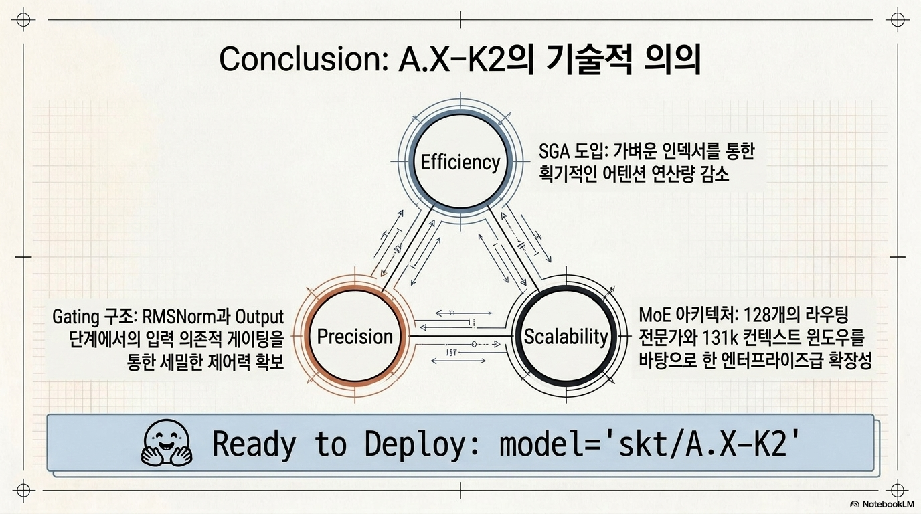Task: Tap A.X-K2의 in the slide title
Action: click(x=466, y=60)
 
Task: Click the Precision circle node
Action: click(x=355, y=337)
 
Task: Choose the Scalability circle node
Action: click(x=566, y=337)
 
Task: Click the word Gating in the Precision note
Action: click(x=76, y=317)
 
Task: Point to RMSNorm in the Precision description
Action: click(x=178, y=317)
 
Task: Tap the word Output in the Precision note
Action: click(x=260, y=317)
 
